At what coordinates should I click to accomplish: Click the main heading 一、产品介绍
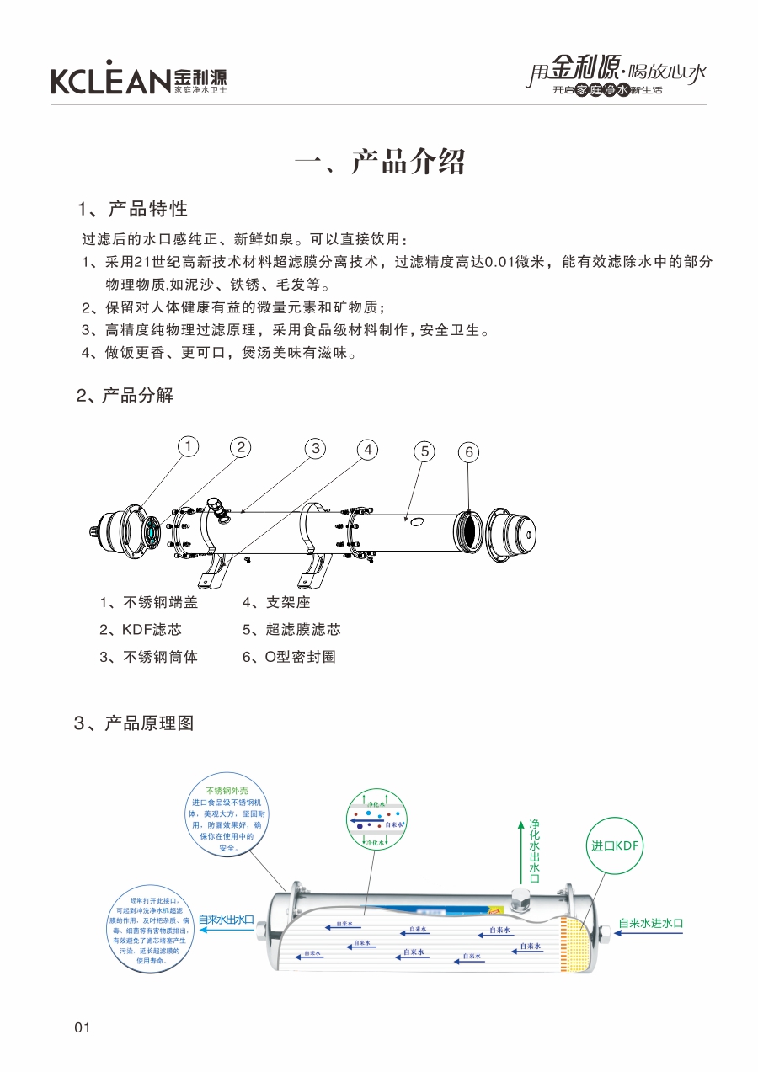coord(380,161)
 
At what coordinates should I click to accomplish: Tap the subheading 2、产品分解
coord(125,395)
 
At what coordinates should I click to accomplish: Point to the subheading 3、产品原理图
coord(135,723)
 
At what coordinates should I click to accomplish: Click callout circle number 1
coord(189,445)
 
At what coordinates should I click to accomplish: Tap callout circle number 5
coord(425,451)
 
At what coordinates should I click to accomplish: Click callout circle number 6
coord(470,452)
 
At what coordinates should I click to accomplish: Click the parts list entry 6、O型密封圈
coord(288,657)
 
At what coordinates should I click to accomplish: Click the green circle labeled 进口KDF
coord(617,845)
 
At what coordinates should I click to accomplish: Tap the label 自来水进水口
coord(650,923)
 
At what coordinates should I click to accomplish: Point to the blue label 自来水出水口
coord(226,920)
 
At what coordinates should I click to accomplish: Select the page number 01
coord(83,1027)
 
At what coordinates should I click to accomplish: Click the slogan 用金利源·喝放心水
coord(616,73)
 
